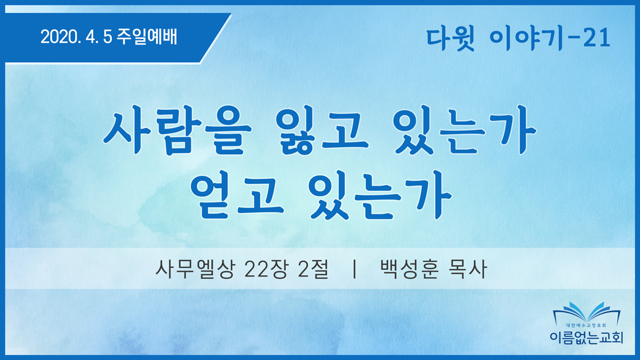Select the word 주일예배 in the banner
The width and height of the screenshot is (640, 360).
point(147,37)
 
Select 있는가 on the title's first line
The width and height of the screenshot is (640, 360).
point(464,130)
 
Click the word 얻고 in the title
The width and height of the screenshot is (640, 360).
point(237,195)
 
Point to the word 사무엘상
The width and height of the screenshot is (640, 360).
point(195,269)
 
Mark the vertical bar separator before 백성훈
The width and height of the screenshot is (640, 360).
point(354,269)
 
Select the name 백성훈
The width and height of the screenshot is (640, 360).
point(409,269)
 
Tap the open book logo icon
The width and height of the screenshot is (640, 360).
point(586,313)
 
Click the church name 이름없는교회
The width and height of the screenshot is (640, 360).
point(586,337)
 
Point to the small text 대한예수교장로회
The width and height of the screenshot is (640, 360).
point(586,326)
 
